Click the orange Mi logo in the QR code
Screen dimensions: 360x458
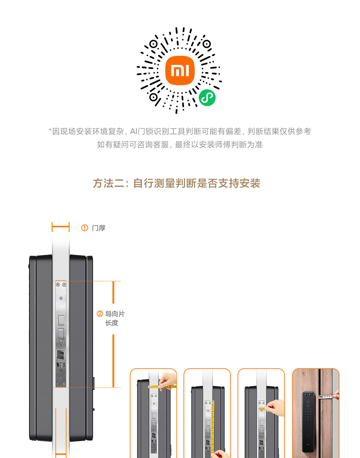click(180, 70)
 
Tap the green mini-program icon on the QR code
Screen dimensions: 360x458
click(207, 98)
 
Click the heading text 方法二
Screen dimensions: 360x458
click(108, 183)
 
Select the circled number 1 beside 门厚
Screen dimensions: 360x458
click(85, 228)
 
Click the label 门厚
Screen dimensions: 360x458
click(99, 228)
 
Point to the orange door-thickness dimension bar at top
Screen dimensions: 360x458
click(61, 227)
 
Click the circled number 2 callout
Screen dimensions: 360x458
click(100, 314)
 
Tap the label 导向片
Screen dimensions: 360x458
click(115, 314)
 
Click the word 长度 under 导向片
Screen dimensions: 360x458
click(112, 323)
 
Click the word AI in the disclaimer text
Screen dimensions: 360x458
click(133, 132)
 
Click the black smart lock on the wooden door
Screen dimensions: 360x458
click(308, 422)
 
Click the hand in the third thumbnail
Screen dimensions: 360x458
click(276, 407)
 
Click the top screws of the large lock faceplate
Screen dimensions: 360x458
click(61, 285)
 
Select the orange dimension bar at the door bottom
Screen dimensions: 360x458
click(61, 454)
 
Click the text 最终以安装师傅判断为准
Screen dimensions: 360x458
click(219, 145)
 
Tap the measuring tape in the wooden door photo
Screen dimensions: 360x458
click(326, 397)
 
